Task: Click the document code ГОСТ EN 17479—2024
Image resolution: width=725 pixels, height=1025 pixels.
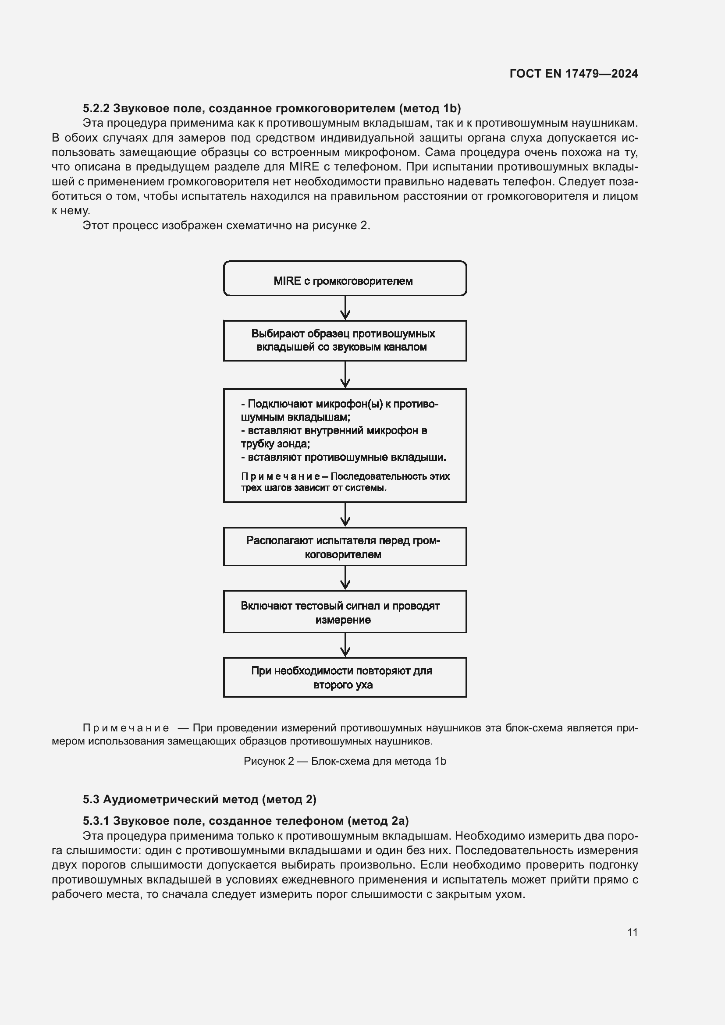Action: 573,74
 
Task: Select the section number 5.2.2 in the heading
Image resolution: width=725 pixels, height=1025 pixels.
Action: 96,108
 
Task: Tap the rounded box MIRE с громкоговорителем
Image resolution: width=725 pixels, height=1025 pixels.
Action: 345,279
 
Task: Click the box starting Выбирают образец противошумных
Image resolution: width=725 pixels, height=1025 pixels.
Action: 345,340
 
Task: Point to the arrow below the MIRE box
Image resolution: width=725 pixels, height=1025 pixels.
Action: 345,308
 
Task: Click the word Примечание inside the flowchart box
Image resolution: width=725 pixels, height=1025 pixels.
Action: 280,476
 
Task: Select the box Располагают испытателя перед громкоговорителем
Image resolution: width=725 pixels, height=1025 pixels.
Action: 345,547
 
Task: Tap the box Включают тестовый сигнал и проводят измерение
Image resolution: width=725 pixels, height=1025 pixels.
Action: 345,612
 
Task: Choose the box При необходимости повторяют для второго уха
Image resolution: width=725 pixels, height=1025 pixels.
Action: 345,677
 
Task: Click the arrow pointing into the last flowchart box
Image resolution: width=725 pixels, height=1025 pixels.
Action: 345,646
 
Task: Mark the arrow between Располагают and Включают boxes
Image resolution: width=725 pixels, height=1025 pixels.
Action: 345,578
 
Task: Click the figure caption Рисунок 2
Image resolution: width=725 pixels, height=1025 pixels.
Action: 345,761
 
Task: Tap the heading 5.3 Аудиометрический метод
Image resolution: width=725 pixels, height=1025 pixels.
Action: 199,799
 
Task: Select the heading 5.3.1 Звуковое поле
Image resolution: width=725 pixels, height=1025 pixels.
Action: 245,820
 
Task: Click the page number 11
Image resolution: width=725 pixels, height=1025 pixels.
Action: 632,932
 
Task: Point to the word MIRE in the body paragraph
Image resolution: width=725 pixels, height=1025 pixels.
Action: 304,167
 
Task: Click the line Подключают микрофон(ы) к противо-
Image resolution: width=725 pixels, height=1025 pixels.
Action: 339,404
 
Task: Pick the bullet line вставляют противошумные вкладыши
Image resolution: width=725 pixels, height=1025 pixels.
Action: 344,458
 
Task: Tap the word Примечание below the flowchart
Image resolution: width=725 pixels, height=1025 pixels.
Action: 126,728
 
